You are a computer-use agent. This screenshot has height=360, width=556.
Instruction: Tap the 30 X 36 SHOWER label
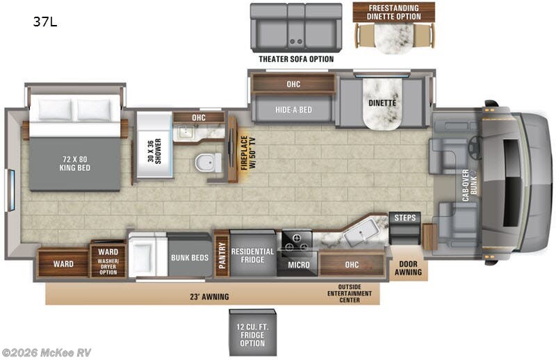pyautogui.click(x=154, y=151)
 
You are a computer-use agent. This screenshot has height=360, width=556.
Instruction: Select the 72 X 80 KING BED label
pyautogui.click(x=75, y=163)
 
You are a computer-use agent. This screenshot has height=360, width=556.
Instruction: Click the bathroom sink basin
pyautogui.click(x=185, y=132)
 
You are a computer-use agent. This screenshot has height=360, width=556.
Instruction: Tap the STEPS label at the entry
pyautogui.click(x=405, y=218)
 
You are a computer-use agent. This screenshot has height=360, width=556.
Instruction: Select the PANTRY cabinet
pyautogui.click(x=222, y=254)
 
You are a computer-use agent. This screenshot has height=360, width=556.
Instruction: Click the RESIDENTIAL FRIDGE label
pyautogui.click(x=252, y=255)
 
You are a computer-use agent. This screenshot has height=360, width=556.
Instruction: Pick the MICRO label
pyautogui.click(x=299, y=265)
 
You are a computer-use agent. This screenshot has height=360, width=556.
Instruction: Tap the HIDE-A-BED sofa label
pyautogui.click(x=293, y=110)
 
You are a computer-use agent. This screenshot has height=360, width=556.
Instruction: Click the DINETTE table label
pyautogui.click(x=382, y=103)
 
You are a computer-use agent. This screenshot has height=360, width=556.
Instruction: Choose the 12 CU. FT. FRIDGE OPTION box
pyautogui.click(x=252, y=332)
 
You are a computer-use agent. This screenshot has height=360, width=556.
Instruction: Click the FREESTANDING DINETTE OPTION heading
pyautogui.click(x=393, y=12)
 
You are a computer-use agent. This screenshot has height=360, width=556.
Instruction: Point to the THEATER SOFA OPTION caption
pyautogui.click(x=296, y=59)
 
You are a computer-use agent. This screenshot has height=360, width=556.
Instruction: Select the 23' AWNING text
pyautogui.click(x=209, y=297)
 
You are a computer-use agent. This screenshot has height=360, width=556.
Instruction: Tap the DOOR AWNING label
pyautogui.click(x=408, y=268)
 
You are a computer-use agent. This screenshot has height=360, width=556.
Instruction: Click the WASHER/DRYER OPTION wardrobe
pyautogui.click(x=108, y=261)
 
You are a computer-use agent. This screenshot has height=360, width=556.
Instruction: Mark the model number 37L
pyautogui.click(x=45, y=22)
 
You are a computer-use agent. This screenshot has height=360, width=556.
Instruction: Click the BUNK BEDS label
pyautogui.click(x=190, y=258)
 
